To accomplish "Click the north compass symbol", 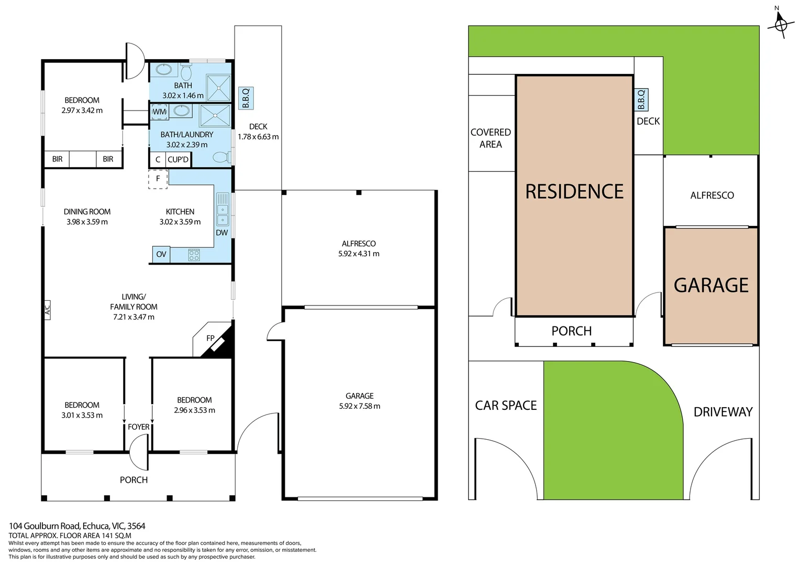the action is point(781,24).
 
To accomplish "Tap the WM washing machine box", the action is point(159,112).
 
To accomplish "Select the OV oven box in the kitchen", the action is point(161,254).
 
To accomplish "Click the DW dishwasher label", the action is point(222,233).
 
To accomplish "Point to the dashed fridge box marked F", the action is point(158,179).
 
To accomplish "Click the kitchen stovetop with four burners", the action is point(194,255).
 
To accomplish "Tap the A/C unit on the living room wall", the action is point(47,310).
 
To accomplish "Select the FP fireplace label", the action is point(210,338).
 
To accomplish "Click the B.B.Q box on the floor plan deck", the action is point(246,98).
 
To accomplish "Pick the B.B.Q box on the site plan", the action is point(641,100).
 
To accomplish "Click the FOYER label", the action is point(139,427).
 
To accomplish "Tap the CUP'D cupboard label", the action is point(178,159).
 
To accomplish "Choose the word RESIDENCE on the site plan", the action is point(574,191).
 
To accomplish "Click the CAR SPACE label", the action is point(506,406).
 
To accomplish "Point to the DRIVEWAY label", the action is point(723,412).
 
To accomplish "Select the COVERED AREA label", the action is point(491,138).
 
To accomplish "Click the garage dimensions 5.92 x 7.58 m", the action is point(360,406).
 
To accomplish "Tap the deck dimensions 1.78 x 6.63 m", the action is point(258,137).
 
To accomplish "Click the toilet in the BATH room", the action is point(186,71).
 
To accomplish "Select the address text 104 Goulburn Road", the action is point(45,526).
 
